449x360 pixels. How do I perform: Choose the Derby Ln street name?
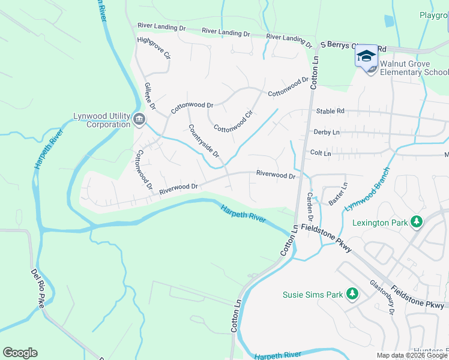click(327, 132)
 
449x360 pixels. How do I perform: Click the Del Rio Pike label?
click(37, 288)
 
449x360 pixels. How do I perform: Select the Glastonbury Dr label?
click(382, 295)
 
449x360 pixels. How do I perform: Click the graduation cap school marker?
click(366, 56)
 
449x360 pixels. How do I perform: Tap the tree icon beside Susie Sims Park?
click(352, 294)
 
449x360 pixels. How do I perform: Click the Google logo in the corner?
click(20, 353)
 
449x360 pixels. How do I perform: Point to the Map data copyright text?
click(412, 355)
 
